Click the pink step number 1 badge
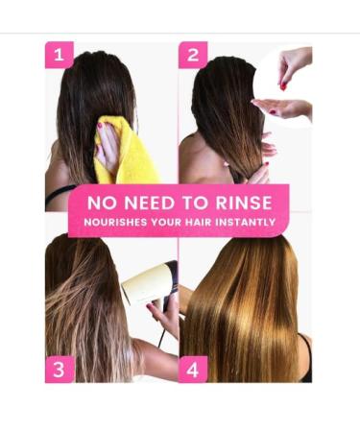(x=60, y=55)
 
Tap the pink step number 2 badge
(x=193, y=55)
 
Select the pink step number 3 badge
(x=60, y=370)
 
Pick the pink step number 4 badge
(x=193, y=370)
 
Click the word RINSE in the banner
(x=244, y=203)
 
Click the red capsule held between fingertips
(x=283, y=86)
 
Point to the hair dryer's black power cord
(x=162, y=339)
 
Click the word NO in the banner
(x=102, y=203)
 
